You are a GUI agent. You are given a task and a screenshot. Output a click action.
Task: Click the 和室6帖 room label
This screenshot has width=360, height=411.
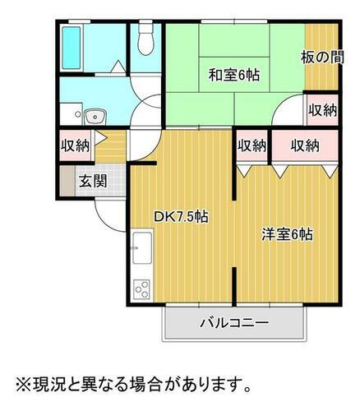[x=233, y=75]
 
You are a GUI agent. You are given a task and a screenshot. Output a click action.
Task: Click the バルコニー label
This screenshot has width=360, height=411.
[x=234, y=322]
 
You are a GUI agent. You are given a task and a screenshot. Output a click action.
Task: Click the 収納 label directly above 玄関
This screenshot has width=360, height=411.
[x=75, y=146]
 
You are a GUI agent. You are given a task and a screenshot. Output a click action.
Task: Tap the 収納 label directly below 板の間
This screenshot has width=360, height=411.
[x=322, y=110]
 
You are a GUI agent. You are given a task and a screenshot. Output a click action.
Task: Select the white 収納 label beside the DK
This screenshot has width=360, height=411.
[x=252, y=146]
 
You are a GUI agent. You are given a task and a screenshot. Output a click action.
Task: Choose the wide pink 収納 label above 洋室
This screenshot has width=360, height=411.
[x=304, y=146]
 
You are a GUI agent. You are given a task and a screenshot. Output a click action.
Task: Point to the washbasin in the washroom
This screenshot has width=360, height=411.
[x=96, y=115]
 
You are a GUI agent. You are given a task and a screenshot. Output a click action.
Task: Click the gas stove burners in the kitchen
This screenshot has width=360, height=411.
[x=141, y=289]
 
